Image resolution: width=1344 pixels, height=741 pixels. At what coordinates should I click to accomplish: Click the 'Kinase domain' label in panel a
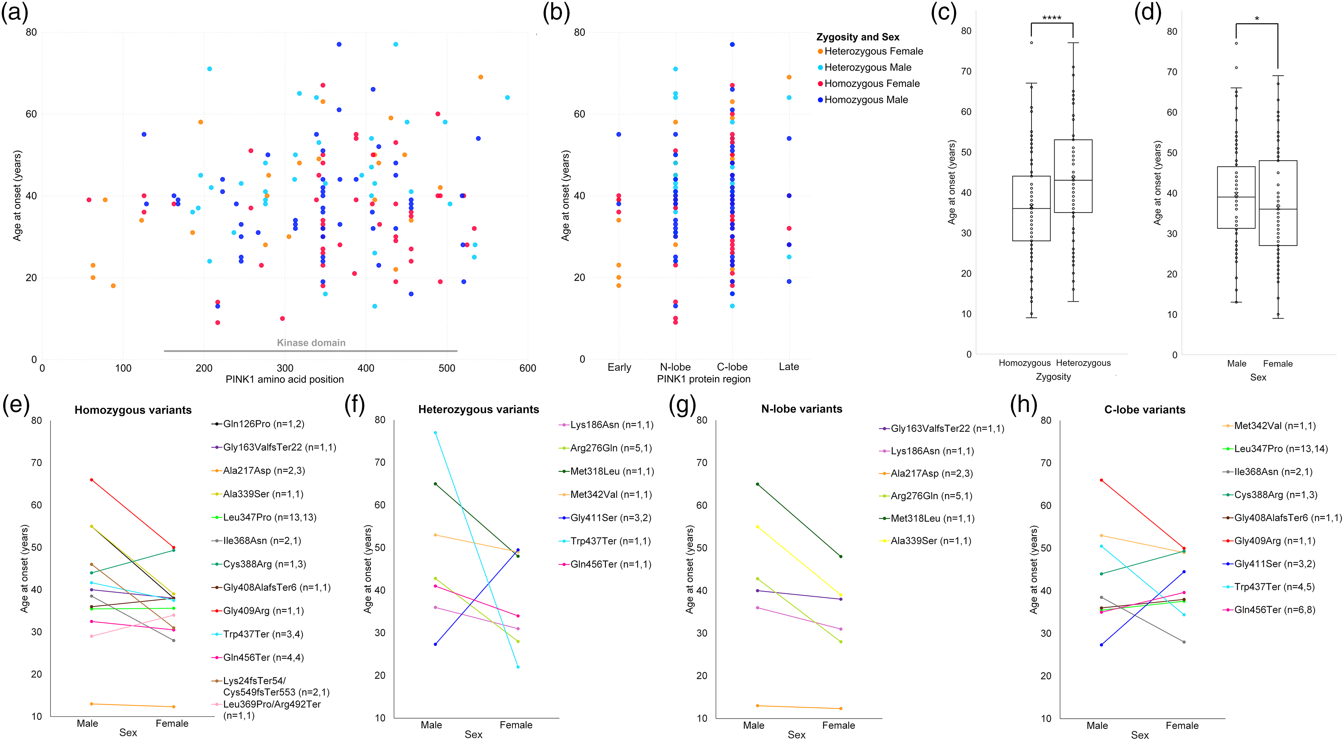311,342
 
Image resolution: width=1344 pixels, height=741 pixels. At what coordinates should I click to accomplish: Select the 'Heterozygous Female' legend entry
870,51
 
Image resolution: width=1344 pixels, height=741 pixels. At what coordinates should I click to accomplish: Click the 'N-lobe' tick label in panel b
675,367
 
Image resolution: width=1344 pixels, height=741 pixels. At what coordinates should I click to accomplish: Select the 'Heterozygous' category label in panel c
1083,363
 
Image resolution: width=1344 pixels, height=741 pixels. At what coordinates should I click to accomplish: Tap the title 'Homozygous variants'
133,410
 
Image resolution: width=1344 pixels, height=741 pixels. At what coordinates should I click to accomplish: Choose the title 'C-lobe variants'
1145,410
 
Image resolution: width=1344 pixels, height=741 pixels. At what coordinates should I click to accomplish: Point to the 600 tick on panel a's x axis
527,368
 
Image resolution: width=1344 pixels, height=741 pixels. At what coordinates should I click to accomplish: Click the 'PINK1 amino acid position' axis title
284,380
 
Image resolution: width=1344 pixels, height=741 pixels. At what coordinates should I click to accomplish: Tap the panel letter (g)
682,405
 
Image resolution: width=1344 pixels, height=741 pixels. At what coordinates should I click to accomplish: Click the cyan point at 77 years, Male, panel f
435,432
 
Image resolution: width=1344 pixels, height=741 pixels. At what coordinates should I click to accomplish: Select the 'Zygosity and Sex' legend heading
858,37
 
